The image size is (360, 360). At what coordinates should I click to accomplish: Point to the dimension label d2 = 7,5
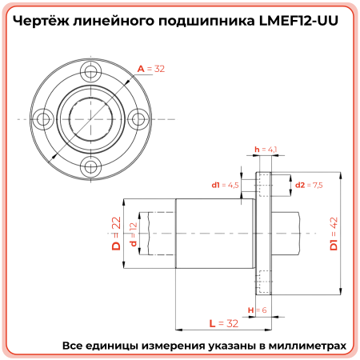click(x=308, y=185)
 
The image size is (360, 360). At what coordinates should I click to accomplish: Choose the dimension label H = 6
click(x=256, y=310)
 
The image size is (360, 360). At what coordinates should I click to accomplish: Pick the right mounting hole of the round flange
click(x=138, y=119)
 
